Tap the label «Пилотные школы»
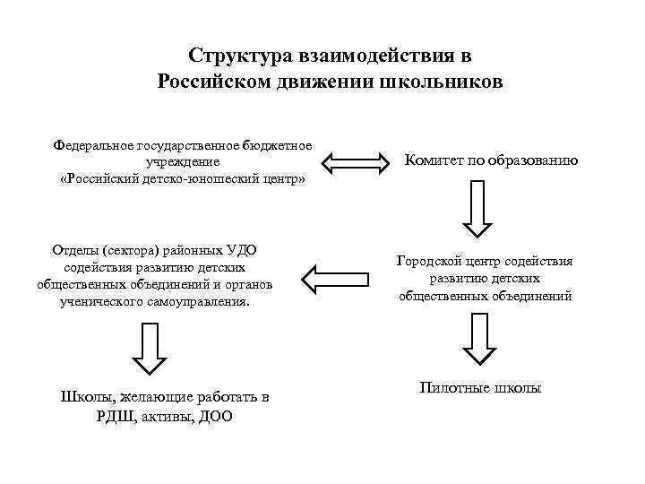[480, 387]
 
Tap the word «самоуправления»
[202, 302]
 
